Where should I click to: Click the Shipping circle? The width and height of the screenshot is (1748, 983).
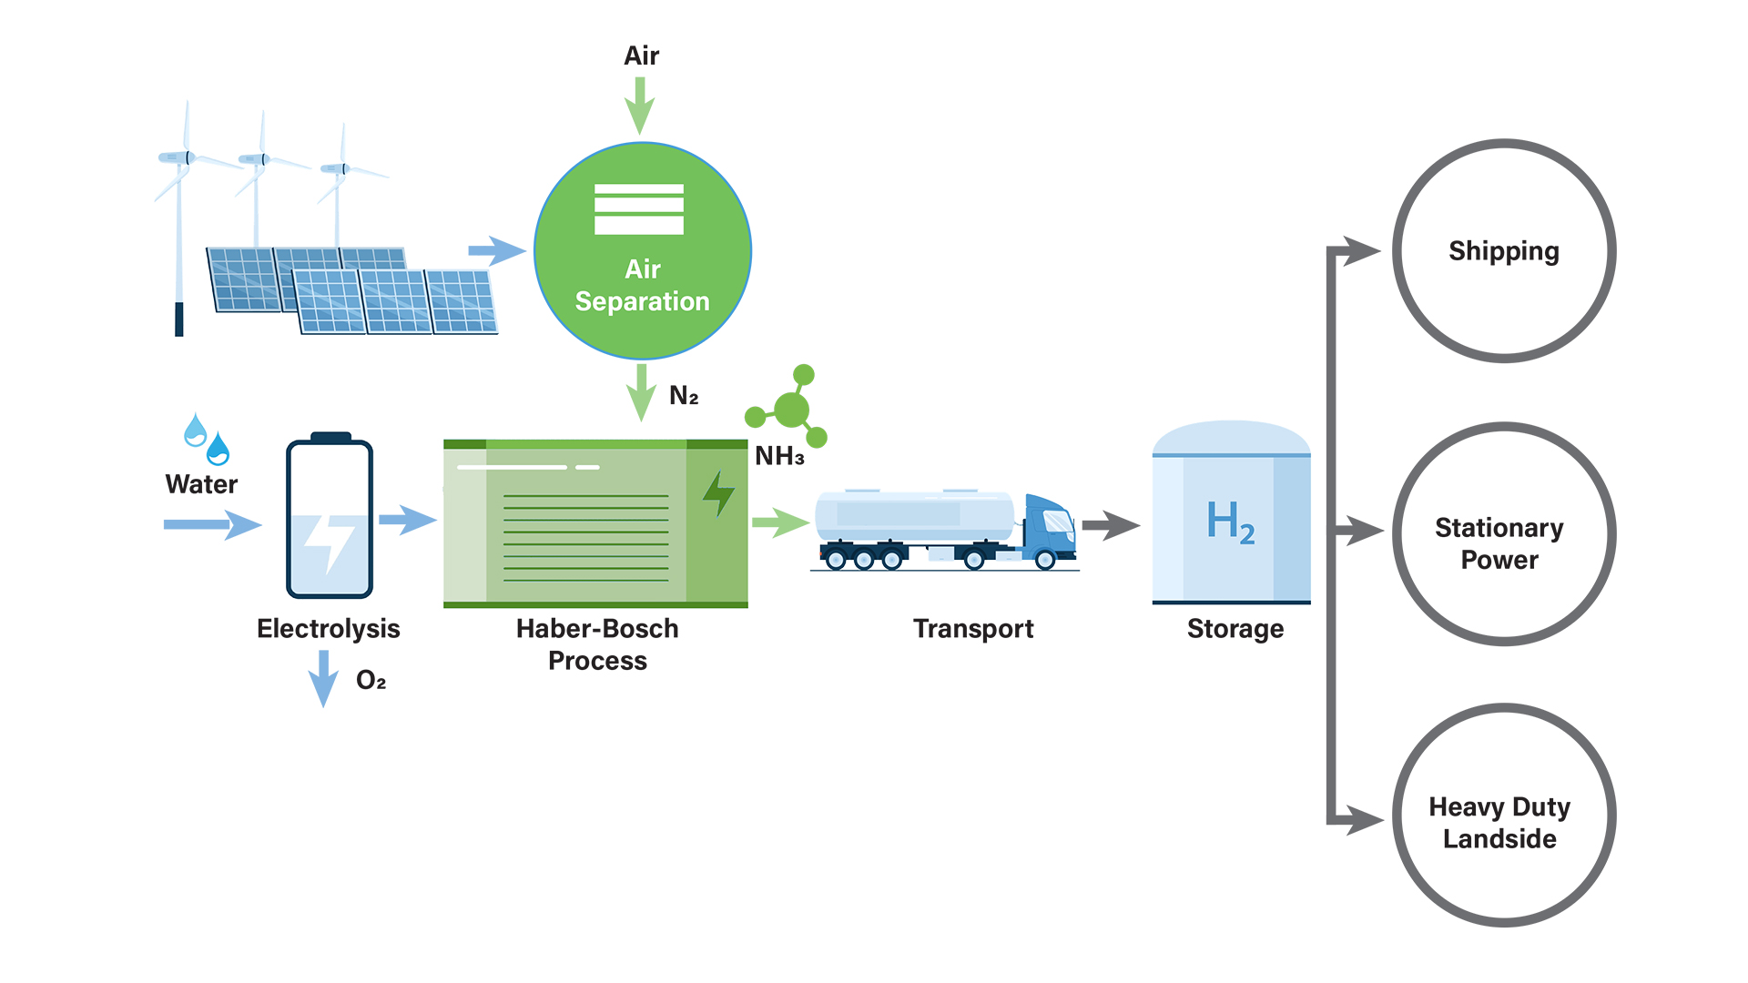pos(1504,251)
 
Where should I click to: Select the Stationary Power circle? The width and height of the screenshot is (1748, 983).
pos(1504,534)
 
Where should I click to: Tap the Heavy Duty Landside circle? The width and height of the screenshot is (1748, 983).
pos(1504,816)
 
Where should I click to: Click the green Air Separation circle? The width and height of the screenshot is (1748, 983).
pos(643,251)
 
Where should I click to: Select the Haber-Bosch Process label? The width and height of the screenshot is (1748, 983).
pos(597,644)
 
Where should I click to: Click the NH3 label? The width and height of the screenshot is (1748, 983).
pos(779,456)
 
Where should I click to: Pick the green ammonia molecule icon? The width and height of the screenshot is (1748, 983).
pos(789,409)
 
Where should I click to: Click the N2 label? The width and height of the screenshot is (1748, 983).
pos(684,396)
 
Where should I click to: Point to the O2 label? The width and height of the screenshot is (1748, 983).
pos(371,681)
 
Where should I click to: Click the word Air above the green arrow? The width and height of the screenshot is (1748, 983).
pos(641,56)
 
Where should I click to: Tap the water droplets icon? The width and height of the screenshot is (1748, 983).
pos(207,439)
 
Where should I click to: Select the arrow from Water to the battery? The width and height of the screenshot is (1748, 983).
pos(212,524)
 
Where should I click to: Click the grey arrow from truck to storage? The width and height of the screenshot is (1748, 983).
pos(1110,525)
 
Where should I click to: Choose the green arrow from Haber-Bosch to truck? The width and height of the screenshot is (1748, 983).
pos(780,522)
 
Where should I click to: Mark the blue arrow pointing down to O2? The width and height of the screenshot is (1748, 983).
pos(323,678)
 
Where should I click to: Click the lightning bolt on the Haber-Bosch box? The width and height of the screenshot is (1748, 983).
pos(718,494)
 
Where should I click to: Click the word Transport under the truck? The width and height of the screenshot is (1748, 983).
pos(973,629)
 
